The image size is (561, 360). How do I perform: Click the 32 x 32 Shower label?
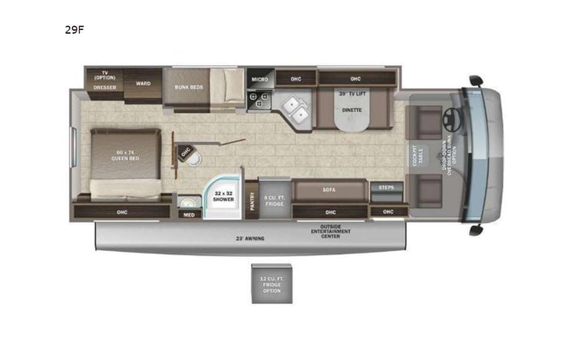(223, 197)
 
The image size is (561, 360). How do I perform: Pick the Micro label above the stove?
(257, 79)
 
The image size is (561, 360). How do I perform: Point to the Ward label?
(142, 82)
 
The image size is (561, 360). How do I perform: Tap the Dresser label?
(104, 88)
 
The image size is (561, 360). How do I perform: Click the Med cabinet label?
(188, 214)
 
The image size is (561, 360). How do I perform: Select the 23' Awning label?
(250, 239)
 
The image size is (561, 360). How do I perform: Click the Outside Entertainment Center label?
(331, 233)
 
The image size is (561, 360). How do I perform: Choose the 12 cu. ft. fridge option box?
(272, 283)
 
